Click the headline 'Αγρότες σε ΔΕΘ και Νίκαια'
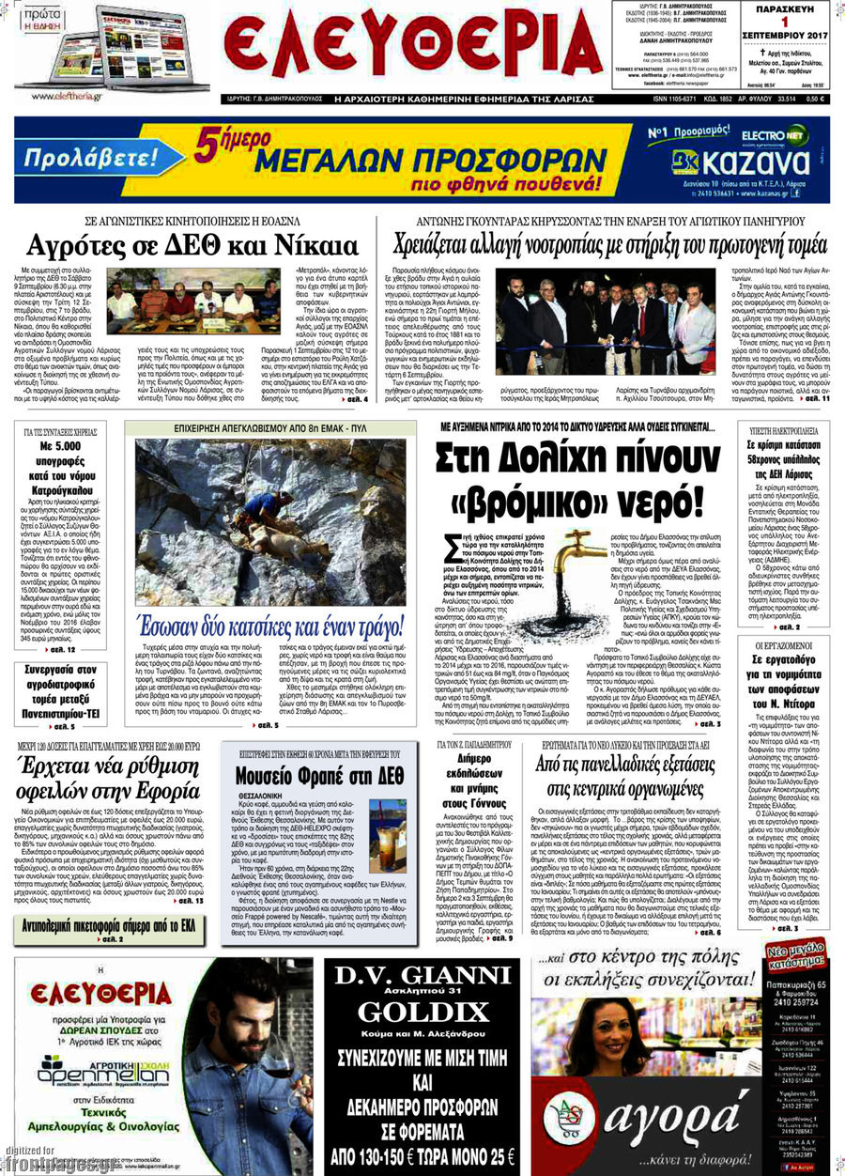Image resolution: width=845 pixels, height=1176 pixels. pyautogui.click(x=192, y=246)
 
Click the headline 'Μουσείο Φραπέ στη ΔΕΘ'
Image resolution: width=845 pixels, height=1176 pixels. pyautogui.click(x=319, y=776)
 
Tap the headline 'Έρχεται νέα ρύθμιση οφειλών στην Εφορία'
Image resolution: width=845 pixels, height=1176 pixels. pyautogui.click(x=110, y=777)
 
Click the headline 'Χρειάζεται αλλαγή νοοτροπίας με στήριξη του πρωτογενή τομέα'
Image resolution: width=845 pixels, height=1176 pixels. pyautogui.click(x=611, y=246)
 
